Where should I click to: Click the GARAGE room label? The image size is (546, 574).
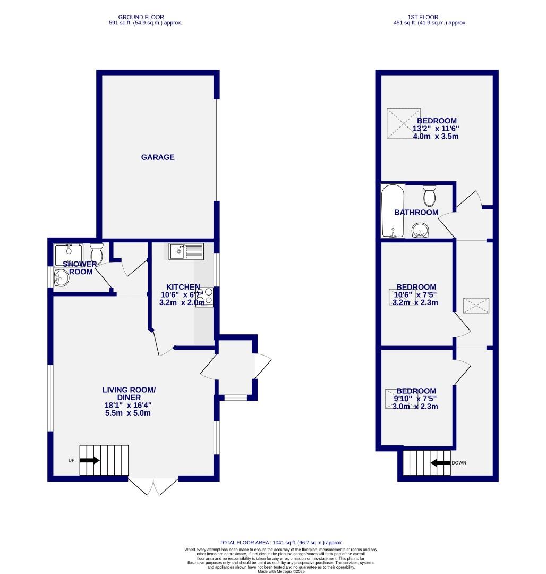point(158,157)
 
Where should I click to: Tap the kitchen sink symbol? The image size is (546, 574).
point(186,251)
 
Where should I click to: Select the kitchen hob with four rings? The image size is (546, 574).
point(204,297)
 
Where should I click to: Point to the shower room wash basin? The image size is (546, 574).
point(62,277)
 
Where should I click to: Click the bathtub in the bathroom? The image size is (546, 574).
point(393,210)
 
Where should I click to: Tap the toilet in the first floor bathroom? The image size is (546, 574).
point(429,196)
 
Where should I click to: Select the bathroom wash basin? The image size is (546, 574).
point(421,231)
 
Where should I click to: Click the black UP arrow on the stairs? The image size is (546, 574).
point(89,460)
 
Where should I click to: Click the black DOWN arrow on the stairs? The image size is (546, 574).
point(440,463)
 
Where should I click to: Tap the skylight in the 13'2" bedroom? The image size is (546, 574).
point(402,123)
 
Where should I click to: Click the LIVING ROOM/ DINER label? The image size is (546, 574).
point(129,393)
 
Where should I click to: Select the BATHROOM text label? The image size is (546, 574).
point(416,213)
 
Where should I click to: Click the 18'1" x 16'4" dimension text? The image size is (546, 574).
point(129,405)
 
